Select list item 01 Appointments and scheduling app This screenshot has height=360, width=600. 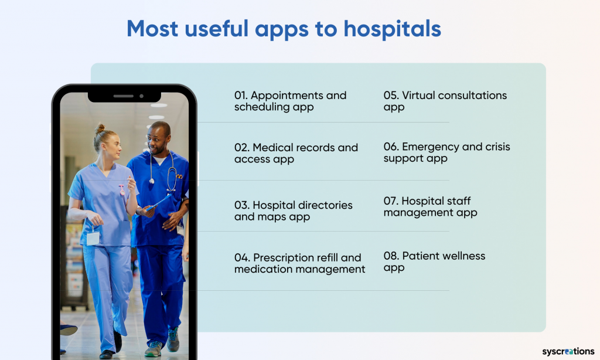tap(290, 101)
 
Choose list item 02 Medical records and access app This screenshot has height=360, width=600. tap(296, 153)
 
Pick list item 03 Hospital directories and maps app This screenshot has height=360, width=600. tap(293, 210)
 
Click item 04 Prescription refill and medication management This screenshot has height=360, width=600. tap(299, 263)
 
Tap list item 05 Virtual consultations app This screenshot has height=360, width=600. tap(445, 101)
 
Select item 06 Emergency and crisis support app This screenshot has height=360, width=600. tap(446, 152)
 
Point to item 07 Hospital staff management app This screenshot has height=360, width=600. tap(430, 206)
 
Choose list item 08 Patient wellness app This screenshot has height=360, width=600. tap(434, 261)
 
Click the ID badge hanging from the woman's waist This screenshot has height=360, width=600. tap(93, 237)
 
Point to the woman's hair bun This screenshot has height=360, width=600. tap(100, 128)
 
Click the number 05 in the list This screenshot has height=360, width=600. tap(391, 96)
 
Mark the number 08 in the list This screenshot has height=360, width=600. tap(391, 256)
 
